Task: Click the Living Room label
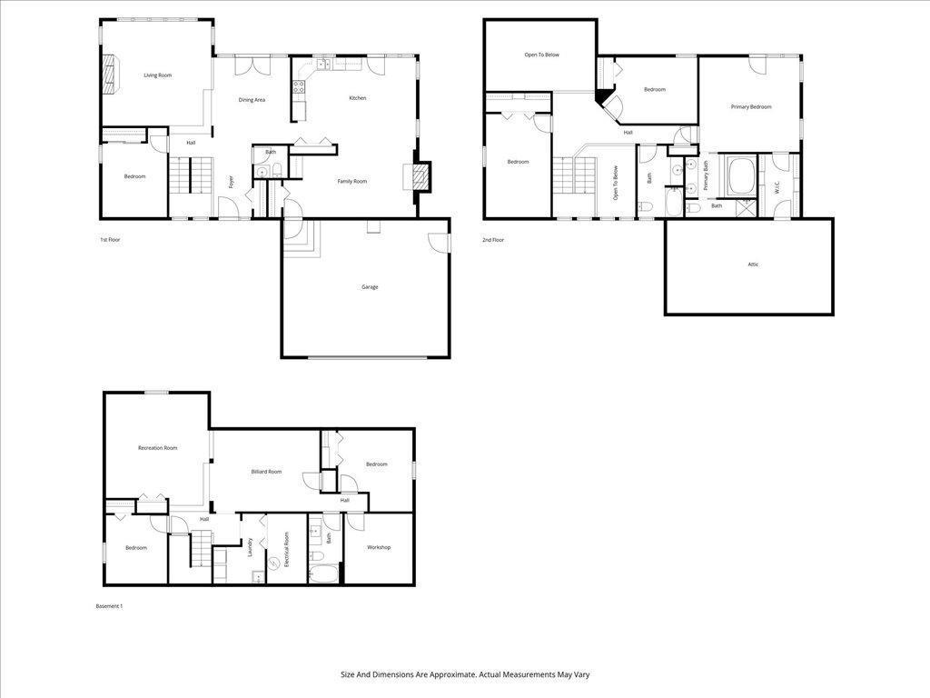click(x=158, y=75)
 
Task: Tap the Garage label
click(x=370, y=287)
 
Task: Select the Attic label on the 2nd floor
click(x=753, y=264)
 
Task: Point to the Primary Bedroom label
click(x=751, y=107)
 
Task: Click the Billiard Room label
click(x=266, y=472)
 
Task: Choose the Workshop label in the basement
click(x=379, y=547)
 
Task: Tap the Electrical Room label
click(x=286, y=550)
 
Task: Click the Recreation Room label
click(x=158, y=448)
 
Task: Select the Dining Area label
click(x=252, y=100)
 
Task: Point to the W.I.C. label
click(x=777, y=187)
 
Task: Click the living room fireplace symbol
click(x=110, y=75)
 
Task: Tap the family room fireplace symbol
click(x=420, y=177)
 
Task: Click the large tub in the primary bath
click(x=739, y=175)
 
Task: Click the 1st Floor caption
click(x=110, y=240)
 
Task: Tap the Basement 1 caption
click(x=109, y=606)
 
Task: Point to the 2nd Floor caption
click(x=493, y=240)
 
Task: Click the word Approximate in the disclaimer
click(x=452, y=675)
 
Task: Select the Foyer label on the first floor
click(x=232, y=182)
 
